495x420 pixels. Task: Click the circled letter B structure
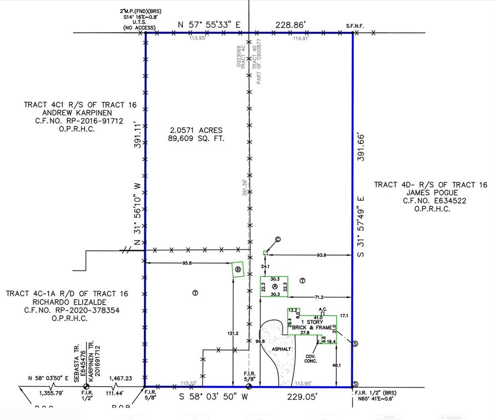237,269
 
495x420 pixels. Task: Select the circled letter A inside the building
275,287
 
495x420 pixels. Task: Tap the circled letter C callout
277,239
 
